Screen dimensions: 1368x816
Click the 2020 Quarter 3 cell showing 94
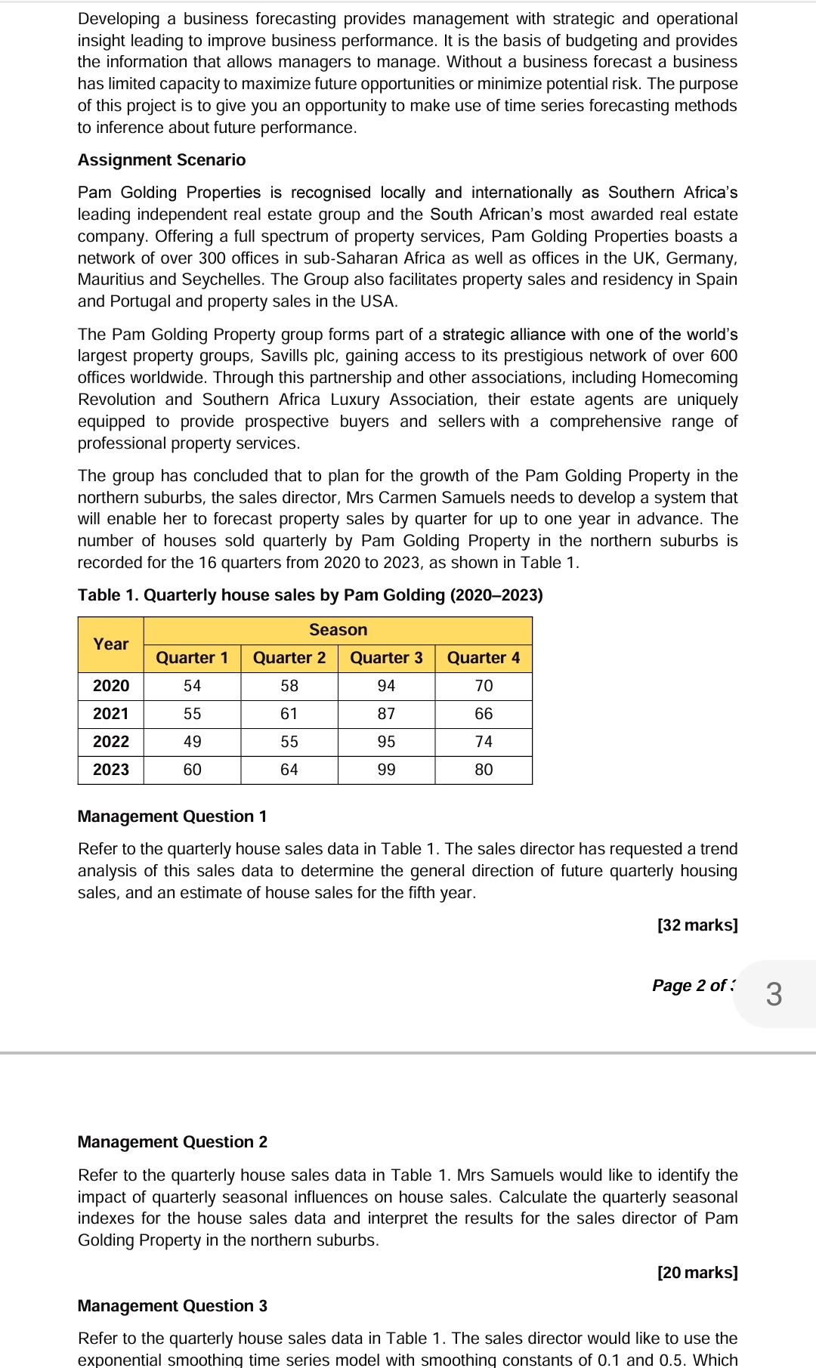click(x=386, y=685)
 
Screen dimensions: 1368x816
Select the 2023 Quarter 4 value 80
click(x=484, y=769)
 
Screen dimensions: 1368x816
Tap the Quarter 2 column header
click(x=289, y=657)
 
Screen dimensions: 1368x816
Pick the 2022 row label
click(x=111, y=741)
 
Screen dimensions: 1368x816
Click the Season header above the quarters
click(x=338, y=629)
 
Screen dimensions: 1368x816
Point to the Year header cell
click(x=111, y=644)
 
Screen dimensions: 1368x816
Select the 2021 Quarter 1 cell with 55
click(x=192, y=713)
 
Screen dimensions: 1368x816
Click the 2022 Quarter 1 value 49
click(x=192, y=741)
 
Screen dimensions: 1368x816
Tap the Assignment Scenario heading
click(x=162, y=159)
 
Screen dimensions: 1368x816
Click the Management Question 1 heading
click(x=172, y=816)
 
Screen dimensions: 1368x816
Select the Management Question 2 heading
click(x=172, y=1141)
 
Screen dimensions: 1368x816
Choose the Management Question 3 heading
click(x=172, y=1305)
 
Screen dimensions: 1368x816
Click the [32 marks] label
click(x=697, y=925)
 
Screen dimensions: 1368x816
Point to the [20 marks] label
click(x=697, y=1272)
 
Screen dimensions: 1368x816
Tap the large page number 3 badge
click(x=774, y=993)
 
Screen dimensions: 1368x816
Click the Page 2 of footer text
click(x=693, y=985)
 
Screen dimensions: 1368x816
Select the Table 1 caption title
click(x=310, y=594)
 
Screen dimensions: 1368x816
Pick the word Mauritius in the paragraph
click(x=110, y=279)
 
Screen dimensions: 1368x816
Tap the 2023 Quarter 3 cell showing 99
click(x=386, y=769)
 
